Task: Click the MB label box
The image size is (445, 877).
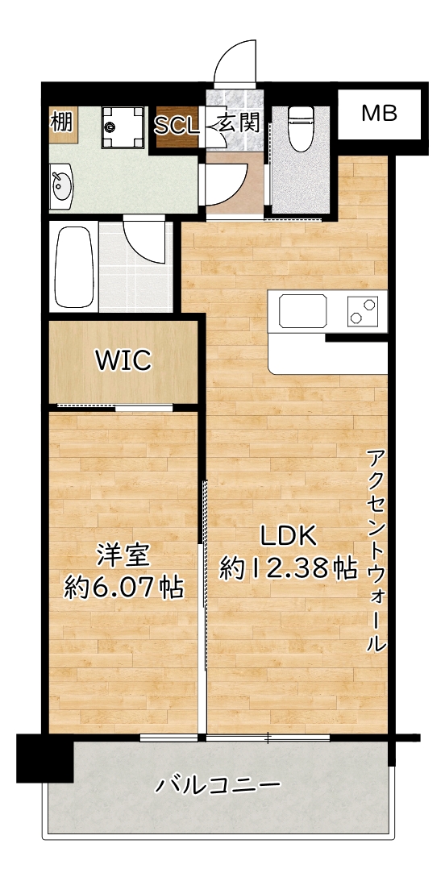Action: tap(378, 113)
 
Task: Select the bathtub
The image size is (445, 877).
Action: tap(73, 267)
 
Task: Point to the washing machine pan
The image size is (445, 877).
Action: tap(123, 127)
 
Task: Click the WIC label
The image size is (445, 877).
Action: tap(123, 360)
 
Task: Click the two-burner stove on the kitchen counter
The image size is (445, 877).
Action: tap(362, 311)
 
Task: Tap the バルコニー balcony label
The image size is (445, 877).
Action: tap(218, 783)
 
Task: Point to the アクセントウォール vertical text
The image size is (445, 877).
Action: tap(376, 552)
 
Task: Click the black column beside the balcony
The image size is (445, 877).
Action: tap(44, 758)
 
